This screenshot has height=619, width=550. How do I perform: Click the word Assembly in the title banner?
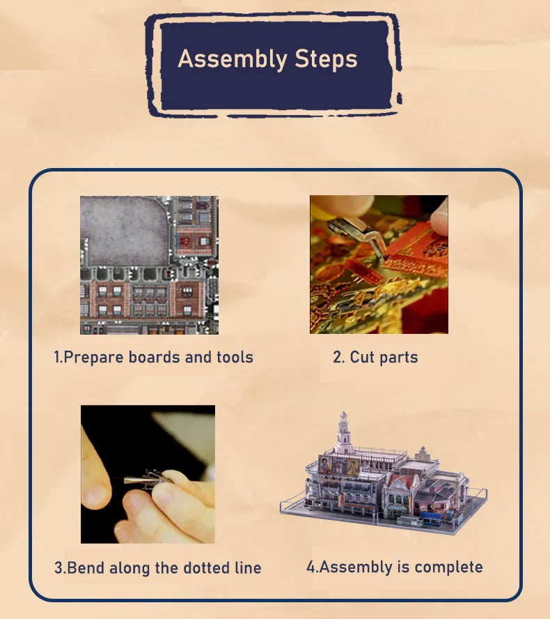pos(233,60)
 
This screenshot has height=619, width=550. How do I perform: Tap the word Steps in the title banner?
pos(326,59)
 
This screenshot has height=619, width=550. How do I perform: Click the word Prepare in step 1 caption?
pos(94,358)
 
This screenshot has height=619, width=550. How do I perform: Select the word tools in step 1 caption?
pos(235,357)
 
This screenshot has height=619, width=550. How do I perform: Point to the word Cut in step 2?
pos(362,357)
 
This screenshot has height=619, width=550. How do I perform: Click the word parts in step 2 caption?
pos(399,358)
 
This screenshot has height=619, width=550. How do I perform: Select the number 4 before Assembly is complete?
pos(311,567)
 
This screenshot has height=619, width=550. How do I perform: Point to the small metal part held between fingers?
pos(147,479)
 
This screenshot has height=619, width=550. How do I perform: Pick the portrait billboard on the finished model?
pos(338,466)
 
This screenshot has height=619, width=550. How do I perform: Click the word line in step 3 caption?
pos(248,567)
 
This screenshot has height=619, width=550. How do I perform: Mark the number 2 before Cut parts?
pos(338,357)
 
